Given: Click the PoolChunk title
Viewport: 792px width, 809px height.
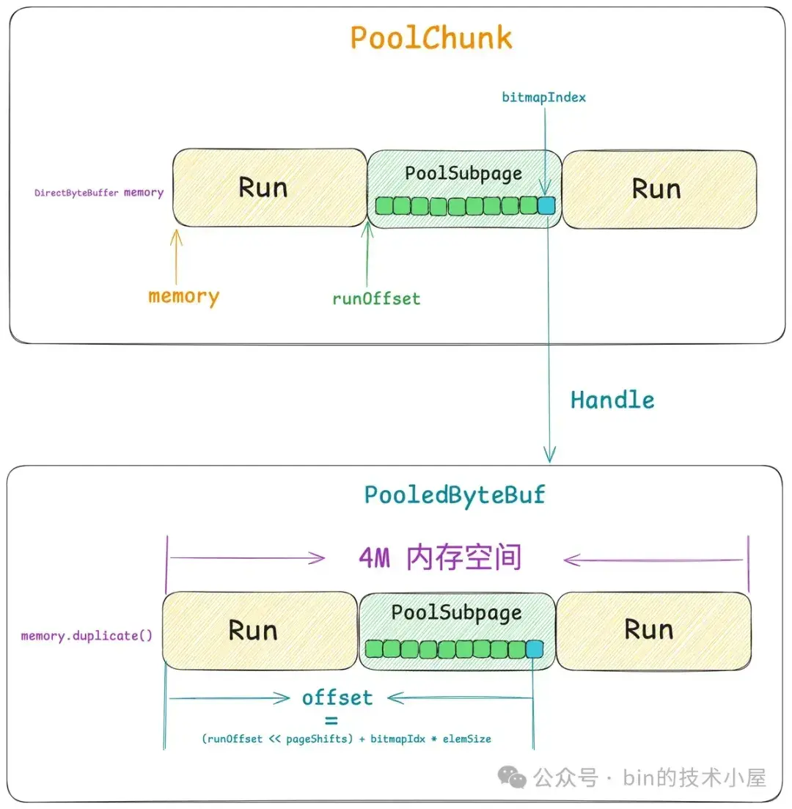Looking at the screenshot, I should [x=430, y=38].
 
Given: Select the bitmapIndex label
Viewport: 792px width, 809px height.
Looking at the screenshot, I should [x=544, y=97].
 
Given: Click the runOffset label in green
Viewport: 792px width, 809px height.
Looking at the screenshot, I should [x=376, y=299].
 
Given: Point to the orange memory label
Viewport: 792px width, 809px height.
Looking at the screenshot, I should [x=183, y=296].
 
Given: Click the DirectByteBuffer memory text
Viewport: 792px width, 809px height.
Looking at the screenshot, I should [x=99, y=193].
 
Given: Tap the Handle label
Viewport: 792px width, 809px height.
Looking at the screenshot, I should [x=612, y=400].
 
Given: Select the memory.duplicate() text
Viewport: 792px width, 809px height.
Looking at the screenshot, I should [x=87, y=635].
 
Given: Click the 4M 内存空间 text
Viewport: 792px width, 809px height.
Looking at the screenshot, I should [x=440, y=558].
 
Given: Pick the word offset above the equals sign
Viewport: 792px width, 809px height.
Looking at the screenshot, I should [x=337, y=698].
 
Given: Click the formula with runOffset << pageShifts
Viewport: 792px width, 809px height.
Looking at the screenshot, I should [x=346, y=739].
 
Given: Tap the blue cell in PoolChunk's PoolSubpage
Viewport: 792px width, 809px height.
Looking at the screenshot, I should [x=546, y=205].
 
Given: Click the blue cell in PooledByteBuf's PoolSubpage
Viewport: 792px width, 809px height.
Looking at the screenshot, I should [x=535, y=648].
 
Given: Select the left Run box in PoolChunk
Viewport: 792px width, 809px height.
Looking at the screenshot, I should [x=269, y=188].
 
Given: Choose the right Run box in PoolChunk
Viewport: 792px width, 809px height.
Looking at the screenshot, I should [x=659, y=188].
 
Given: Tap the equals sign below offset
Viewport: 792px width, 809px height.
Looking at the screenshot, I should [x=331, y=720].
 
